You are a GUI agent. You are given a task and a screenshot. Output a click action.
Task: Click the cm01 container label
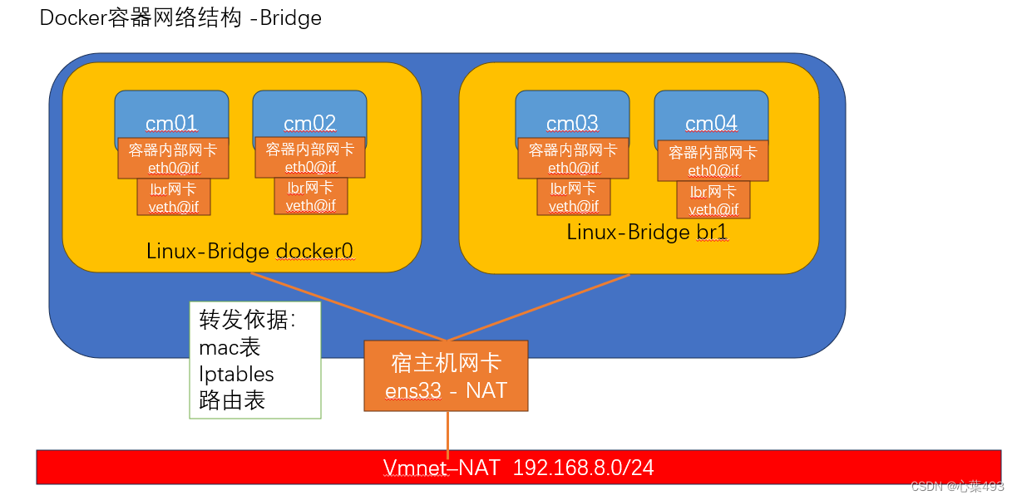pos(171,124)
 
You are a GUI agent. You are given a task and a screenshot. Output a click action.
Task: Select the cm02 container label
pos(309,124)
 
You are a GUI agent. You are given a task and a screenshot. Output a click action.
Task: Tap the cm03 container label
pos(572,124)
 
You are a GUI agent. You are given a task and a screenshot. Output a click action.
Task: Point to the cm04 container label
pos(711,124)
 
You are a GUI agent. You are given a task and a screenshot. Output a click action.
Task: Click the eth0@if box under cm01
pos(173,158)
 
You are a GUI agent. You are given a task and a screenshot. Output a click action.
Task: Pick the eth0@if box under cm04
pos(713,161)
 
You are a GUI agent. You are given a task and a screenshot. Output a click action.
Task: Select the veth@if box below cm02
pos(311,196)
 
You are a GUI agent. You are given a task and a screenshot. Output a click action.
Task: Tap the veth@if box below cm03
pos(574,197)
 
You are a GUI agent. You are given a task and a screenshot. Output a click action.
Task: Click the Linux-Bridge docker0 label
pos(250,250)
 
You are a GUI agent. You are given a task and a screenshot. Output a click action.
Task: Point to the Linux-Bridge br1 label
pos(647,232)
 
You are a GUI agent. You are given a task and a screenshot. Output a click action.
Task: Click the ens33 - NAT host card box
pos(446,375)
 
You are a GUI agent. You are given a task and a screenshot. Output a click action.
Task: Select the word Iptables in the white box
pos(236,374)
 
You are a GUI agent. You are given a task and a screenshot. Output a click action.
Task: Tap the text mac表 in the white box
pos(230,347)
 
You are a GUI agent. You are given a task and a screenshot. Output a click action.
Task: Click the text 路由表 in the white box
pos(232,400)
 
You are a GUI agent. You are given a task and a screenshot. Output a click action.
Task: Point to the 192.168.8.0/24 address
pos(583,468)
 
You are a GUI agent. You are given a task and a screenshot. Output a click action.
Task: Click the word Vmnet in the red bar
pos(414,468)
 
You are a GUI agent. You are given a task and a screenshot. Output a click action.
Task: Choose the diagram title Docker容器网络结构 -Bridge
pos(180,18)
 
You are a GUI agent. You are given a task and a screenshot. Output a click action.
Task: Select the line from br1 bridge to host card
pos(541,306)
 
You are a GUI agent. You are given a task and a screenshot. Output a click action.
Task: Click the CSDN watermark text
pos(957,486)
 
